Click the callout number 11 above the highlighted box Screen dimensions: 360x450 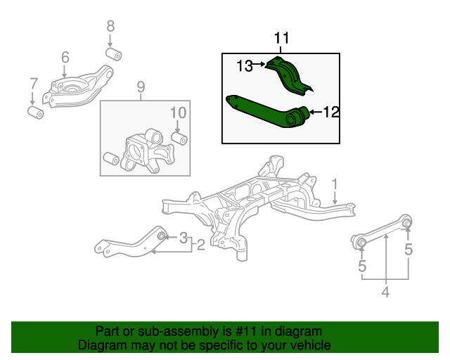click(x=281, y=38)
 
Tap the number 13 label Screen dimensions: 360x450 click(x=244, y=66)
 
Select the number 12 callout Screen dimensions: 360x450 click(x=331, y=111)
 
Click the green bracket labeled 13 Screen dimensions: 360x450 click(x=289, y=74)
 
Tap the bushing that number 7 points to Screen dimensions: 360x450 click(x=34, y=112)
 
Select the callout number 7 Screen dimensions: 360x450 click(x=33, y=84)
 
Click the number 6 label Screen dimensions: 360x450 click(x=65, y=57)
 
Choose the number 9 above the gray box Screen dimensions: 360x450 click(x=140, y=87)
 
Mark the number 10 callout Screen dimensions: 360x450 click(x=178, y=112)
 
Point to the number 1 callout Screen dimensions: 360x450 click(x=336, y=184)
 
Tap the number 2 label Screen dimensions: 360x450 click(x=200, y=245)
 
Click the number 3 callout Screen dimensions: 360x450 click(x=184, y=238)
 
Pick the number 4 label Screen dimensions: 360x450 click(x=385, y=291)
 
